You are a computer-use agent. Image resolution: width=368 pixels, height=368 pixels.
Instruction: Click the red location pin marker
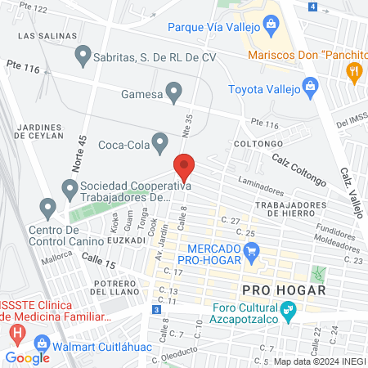(x=185, y=166)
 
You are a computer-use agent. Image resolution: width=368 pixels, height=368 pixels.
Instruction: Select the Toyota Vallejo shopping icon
(x=310, y=87)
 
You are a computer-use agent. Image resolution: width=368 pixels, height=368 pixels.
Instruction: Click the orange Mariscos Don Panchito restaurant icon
(x=354, y=72)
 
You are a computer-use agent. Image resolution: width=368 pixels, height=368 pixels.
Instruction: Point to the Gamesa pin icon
(x=173, y=93)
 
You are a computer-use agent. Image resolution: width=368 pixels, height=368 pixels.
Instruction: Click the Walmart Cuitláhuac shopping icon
(x=38, y=345)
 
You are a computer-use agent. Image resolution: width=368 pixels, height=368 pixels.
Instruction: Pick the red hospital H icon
(x=17, y=334)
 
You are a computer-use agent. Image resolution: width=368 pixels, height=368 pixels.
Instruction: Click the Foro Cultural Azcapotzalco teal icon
(x=287, y=311)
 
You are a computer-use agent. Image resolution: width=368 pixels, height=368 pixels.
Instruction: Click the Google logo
(x=27, y=357)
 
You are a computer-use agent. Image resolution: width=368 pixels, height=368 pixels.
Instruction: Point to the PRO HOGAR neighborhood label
(x=284, y=290)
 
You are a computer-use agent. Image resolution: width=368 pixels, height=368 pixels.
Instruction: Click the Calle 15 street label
(x=98, y=260)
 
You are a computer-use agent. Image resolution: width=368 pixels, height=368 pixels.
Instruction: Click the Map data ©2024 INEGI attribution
(x=320, y=361)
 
